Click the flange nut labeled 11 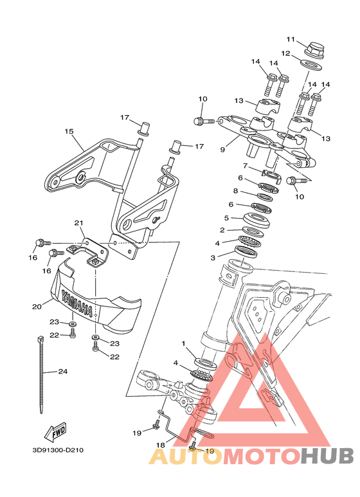(314, 51)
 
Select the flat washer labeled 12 (311, 66)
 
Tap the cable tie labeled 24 (40, 374)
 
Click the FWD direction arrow (56, 432)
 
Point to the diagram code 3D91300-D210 (58, 450)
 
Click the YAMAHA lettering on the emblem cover (77, 303)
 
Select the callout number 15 (69, 131)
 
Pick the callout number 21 (78, 223)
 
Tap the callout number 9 (222, 149)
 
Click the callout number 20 (37, 307)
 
